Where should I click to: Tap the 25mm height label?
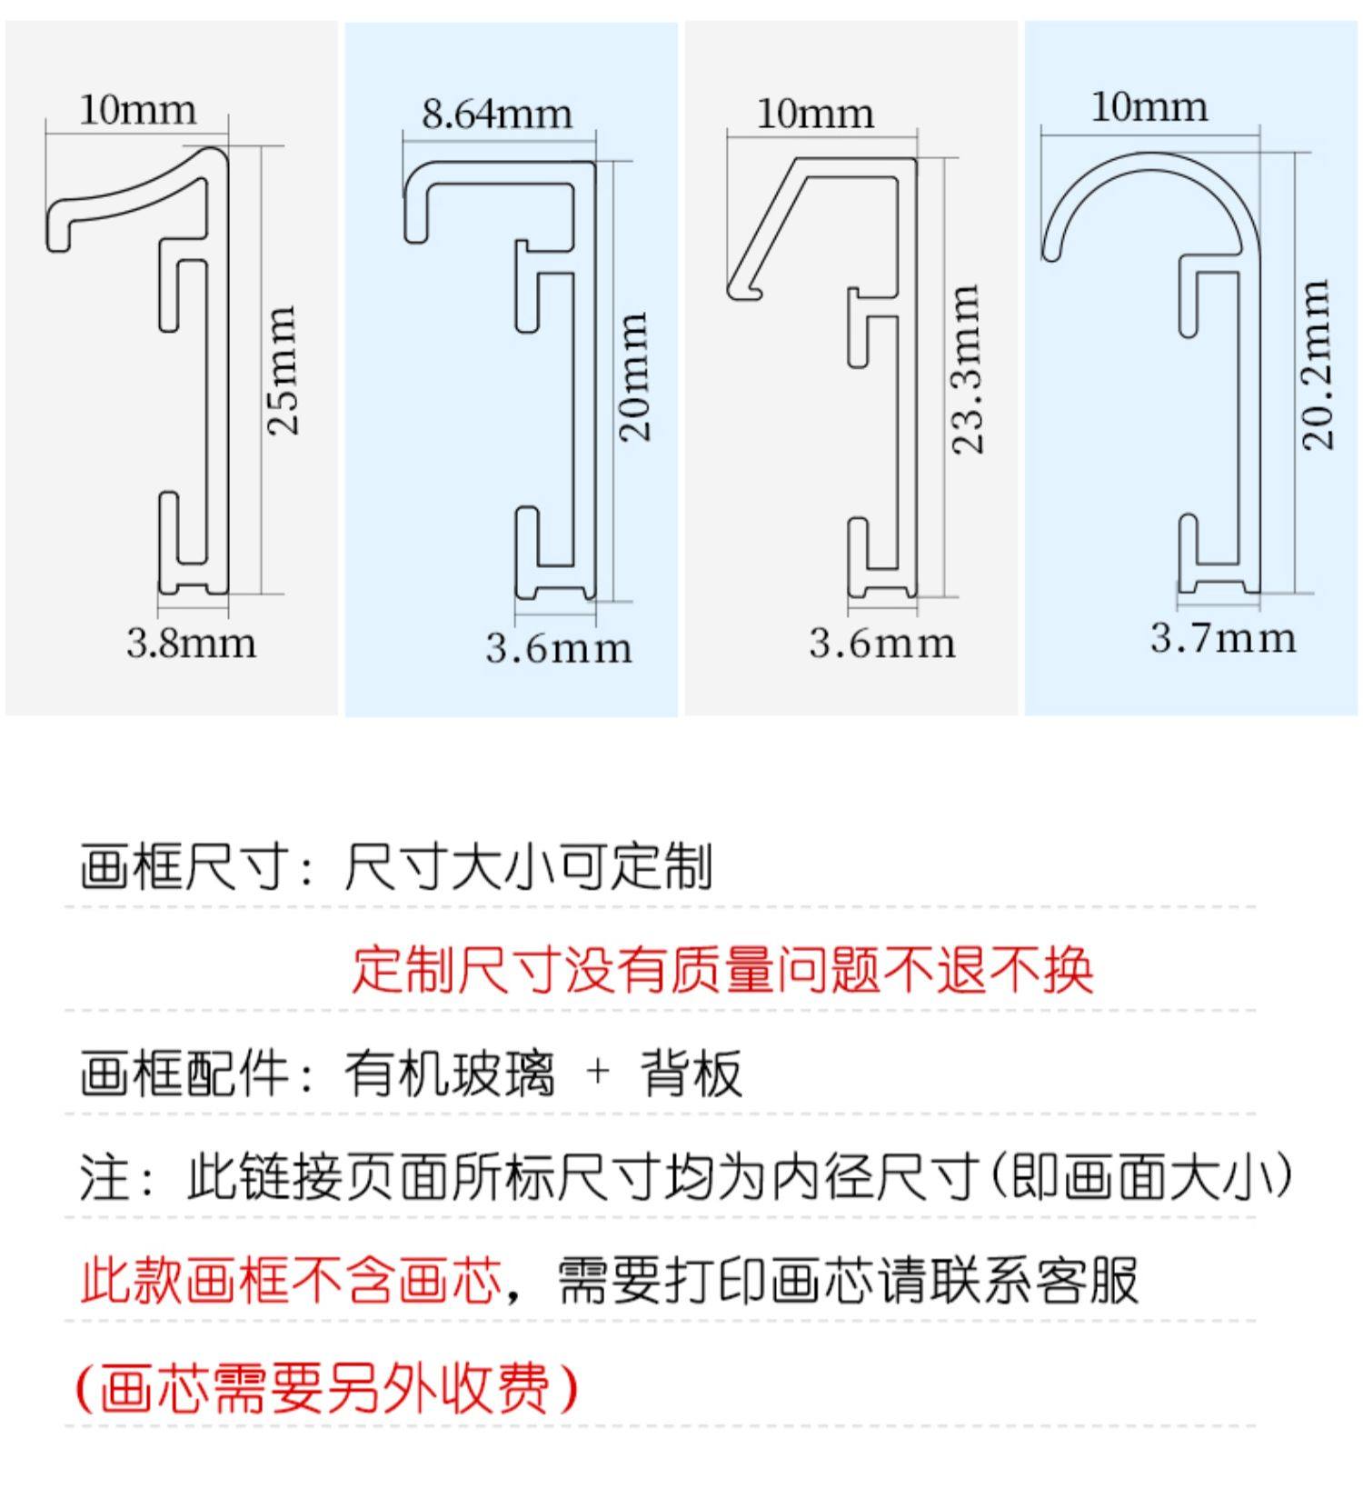tap(283, 370)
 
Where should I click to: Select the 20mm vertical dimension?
tap(634, 376)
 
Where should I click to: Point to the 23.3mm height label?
tap(967, 369)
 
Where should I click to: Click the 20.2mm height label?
tap(1318, 365)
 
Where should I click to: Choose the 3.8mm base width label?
tap(191, 644)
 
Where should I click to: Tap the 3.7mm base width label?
tap(1223, 638)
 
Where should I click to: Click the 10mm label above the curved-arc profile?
tap(1149, 107)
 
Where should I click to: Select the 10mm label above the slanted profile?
tap(815, 115)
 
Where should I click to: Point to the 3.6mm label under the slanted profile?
tap(882, 644)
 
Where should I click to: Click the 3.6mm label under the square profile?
tap(558, 648)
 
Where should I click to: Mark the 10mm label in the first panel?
tap(137, 110)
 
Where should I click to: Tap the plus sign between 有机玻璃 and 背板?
tap(597, 1073)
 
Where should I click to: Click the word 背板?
tap(691, 1074)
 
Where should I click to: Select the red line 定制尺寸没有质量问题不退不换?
tap(722, 970)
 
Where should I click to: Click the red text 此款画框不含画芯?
tap(291, 1281)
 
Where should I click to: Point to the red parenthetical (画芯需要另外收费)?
tap(326, 1388)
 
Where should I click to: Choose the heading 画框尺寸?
tap(182, 866)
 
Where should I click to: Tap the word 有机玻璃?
tap(449, 1074)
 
